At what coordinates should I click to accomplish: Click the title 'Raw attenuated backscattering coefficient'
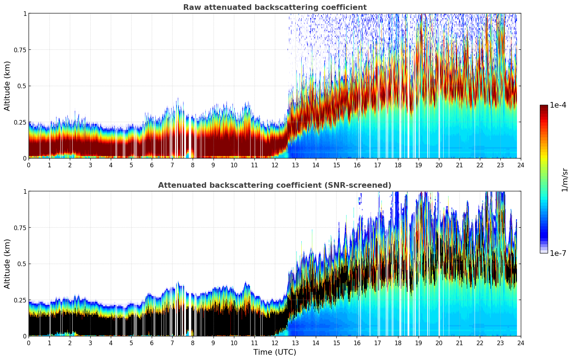(x=275, y=7)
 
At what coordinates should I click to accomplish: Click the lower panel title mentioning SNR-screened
(x=275, y=185)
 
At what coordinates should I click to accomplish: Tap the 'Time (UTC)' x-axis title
(x=275, y=352)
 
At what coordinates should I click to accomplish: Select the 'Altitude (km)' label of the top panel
(x=7, y=86)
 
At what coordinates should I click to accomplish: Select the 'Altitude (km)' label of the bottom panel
(x=7, y=264)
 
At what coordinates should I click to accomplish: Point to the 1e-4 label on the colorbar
(x=558, y=105)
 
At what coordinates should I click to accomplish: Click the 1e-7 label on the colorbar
(x=558, y=253)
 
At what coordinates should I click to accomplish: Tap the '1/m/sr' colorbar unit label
(x=565, y=180)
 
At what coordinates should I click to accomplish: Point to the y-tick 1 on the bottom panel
(x=25, y=191)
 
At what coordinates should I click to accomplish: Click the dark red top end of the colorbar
(x=543, y=107)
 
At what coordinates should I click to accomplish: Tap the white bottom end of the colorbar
(x=543, y=252)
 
